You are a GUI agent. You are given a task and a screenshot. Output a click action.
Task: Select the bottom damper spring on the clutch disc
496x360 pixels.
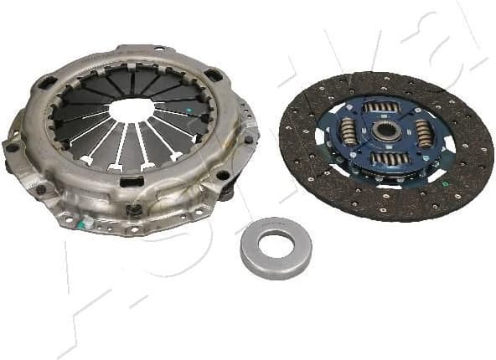390,158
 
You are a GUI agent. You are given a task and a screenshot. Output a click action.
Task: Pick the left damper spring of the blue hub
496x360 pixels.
349,130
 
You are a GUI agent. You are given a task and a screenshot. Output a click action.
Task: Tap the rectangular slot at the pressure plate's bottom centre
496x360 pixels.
131,182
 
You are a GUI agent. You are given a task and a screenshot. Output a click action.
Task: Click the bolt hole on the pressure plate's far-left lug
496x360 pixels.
13,148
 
